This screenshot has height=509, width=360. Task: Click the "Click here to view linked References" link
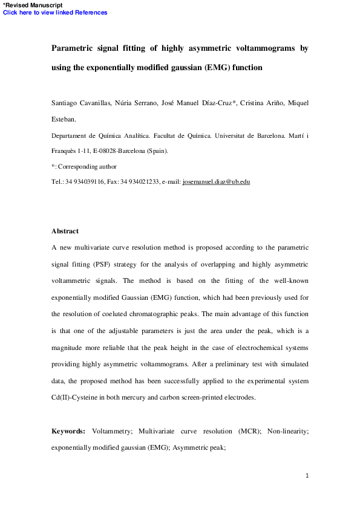pos(56,13)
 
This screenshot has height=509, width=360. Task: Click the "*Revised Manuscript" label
pos(33,5)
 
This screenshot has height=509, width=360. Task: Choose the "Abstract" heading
pos(65,231)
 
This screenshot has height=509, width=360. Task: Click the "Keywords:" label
pos(70,432)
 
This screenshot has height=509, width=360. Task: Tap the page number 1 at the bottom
pos(307,476)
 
